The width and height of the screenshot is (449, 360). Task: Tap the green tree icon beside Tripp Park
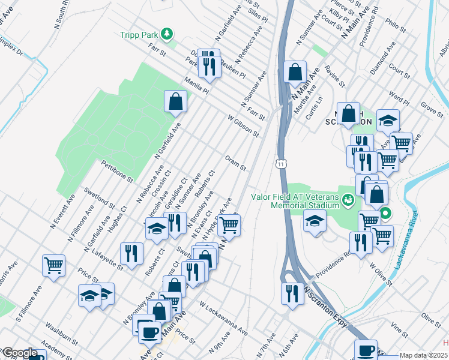point(170,33)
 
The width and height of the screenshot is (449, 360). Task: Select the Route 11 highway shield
point(280,163)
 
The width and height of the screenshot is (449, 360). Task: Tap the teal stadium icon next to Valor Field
point(347,199)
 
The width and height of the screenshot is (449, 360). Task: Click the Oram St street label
point(235,163)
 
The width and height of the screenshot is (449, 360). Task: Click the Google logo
point(19,353)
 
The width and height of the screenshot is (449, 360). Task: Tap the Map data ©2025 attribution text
point(423,355)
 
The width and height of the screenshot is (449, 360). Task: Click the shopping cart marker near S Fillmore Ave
point(54,265)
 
